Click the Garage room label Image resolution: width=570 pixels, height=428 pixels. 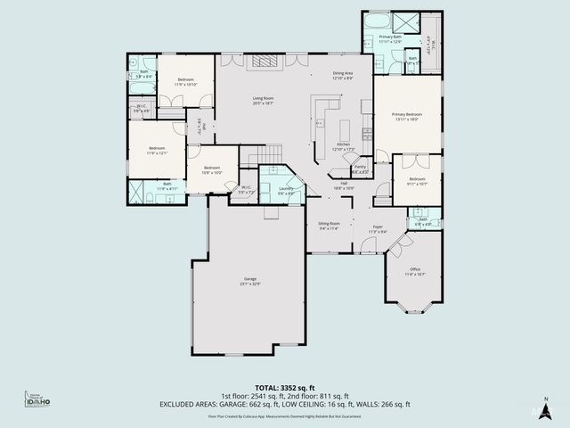pyautogui.click(x=251, y=281)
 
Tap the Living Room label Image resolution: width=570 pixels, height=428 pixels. pyautogui.click(x=263, y=101)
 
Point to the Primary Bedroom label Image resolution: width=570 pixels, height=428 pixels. pyautogui.click(x=408, y=116)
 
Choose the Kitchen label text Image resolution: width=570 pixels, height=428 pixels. pyautogui.click(x=343, y=146)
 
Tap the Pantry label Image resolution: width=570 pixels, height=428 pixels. pyautogui.click(x=361, y=168)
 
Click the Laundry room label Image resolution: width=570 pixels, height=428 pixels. pyautogui.click(x=286, y=190)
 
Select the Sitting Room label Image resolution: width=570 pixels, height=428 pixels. pyautogui.click(x=330, y=226)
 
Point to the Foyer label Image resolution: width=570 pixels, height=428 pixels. pyautogui.click(x=378, y=229)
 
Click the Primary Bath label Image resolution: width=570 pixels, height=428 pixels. pyautogui.click(x=391, y=39)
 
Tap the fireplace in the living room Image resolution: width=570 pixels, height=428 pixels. pyautogui.click(x=265, y=61)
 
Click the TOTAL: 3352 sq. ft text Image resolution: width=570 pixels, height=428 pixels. pyautogui.click(x=284, y=387)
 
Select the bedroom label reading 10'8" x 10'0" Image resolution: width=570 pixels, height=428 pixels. pyautogui.click(x=212, y=169)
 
